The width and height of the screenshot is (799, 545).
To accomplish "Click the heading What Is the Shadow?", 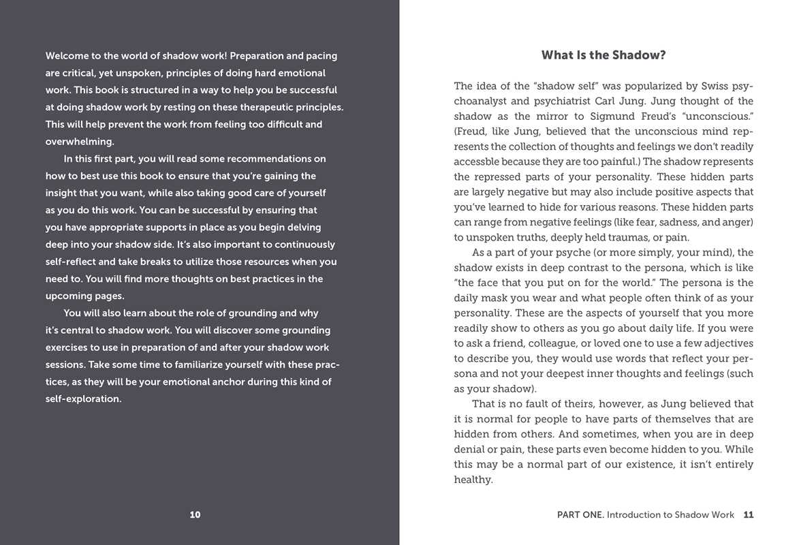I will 604,55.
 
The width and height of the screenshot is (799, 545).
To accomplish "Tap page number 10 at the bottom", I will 195,515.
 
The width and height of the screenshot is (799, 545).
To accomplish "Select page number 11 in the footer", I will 749,515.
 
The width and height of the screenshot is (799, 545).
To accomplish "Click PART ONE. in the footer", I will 580,515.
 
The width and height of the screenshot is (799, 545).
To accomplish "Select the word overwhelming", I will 79,142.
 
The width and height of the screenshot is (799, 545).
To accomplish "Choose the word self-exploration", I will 83,399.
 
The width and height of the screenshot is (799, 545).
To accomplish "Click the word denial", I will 469,450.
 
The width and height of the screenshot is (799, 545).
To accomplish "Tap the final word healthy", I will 472,480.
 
